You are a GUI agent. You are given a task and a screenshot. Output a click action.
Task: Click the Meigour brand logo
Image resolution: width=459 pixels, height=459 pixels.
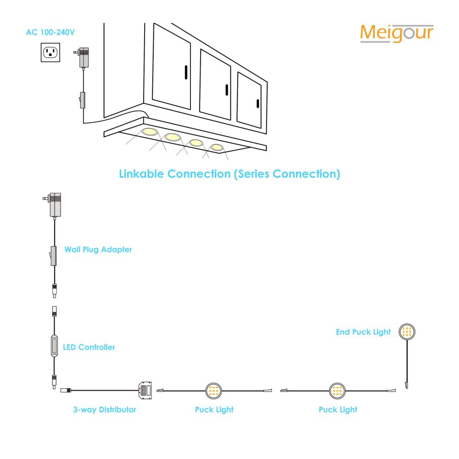pyautogui.click(x=397, y=34)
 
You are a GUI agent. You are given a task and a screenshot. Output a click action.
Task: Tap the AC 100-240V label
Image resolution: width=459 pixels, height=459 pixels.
pyautogui.click(x=50, y=32)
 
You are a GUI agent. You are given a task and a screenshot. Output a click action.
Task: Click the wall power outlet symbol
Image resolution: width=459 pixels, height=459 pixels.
pyautogui.click(x=50, y=52)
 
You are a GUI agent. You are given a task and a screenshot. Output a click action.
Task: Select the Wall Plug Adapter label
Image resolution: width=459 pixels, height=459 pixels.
pyautogui.click(x=98, y=249)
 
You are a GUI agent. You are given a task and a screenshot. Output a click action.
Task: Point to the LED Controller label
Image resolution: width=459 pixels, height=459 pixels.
pyautogui.click(x=89, y=347)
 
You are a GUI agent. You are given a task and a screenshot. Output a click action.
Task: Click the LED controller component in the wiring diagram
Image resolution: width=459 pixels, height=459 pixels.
pyautogui.click(x=55, y=346)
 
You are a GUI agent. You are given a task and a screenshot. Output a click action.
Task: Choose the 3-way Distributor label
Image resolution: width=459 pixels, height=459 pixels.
pyautogui.click(x=105, y=409)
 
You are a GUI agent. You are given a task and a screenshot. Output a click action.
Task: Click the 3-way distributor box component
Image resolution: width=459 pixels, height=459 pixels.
pyautogui.click(x=145, y=391)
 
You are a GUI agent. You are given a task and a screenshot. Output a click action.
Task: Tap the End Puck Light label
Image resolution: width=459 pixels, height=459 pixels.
pyautogui.click(x=363, y=332)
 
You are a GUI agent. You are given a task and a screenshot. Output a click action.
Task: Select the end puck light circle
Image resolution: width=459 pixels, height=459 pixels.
pyautogui.click(x=407, y=332)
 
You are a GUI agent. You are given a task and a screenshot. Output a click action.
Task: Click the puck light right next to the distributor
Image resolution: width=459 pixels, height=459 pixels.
pyautogui.click(x=213, y=391)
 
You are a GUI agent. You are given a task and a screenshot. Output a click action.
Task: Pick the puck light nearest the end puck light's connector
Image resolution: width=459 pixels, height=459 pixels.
pyautogui.click(x=337, y=391)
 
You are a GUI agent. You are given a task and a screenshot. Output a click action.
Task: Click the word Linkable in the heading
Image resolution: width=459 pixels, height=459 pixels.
pyautogui.click(x=141, y=174)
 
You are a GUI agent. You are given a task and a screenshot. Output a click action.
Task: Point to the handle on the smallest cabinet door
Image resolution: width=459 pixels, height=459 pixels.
pyautogui.click(x=258, y=104)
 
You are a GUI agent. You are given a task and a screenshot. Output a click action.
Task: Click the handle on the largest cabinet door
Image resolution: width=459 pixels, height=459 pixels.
pyautogui.click(x=186, y=73)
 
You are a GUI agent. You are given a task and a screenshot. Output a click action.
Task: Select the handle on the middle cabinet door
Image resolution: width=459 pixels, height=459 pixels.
pyautogui.click(x=227, y=90)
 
